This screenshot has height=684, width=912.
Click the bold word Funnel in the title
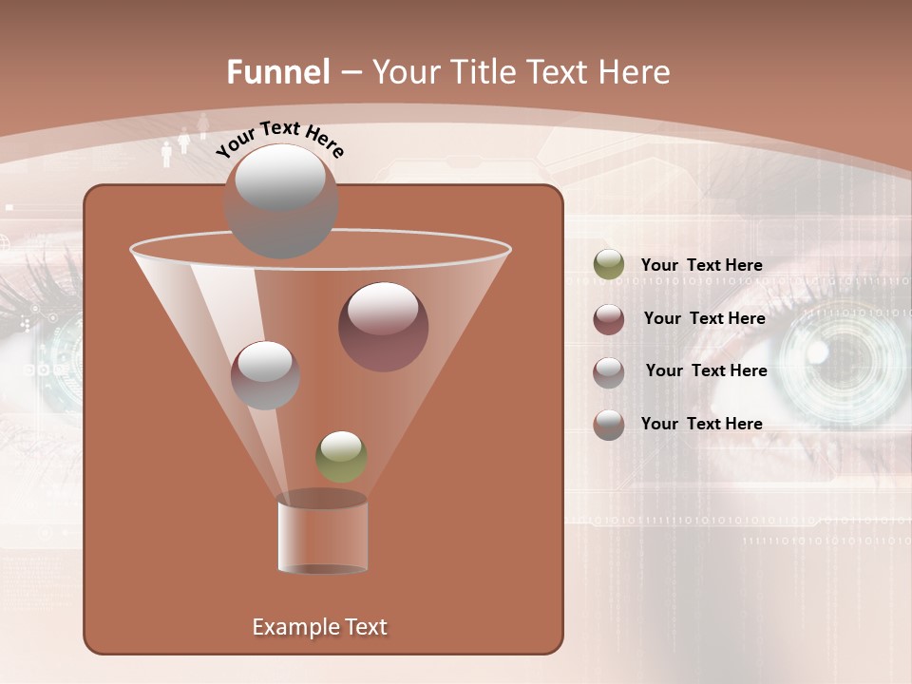click(x=278, y=72)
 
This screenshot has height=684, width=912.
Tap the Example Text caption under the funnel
click(x=319, y=627)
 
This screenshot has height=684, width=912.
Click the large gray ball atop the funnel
click(x=280, y=201)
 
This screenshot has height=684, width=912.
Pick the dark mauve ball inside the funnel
click(x=383, y=326)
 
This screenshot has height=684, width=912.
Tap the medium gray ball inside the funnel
click(x=265, y=374)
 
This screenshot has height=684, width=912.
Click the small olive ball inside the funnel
click(x=341, y=456)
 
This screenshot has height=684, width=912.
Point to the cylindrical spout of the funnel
click(x=322, y=534)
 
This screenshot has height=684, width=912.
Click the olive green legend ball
click(x=608, y=265)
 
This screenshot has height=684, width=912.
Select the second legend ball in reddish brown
click(x=608, y=319)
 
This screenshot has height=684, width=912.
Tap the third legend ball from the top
click(x=608, y=371)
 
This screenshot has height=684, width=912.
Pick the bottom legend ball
click(x=608, y=425)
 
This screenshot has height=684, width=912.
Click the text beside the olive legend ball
click(x=701, y=265)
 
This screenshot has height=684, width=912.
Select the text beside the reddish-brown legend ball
click(x=704, y=318)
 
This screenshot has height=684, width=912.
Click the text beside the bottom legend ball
click(x=701, y=424)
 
